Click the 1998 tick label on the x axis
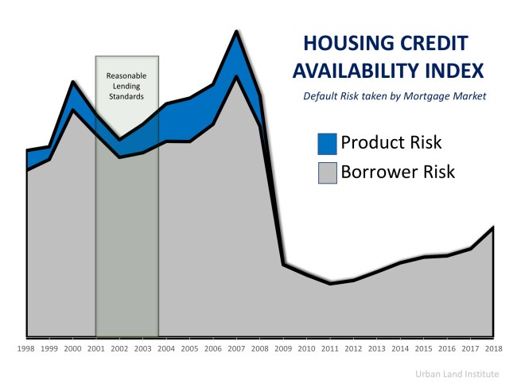(27, 348)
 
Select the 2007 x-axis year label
(236, 348)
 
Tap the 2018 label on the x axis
(493, 348)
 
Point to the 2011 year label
(330, 348)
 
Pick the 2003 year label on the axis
(143, 348)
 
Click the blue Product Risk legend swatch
(327, 144)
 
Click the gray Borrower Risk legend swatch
(327, 172)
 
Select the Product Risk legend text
(391, 143)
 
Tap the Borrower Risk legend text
(398, 171)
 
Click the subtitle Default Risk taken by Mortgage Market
(394, 96)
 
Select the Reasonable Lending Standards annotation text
(126, 86)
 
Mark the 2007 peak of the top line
(236, 32)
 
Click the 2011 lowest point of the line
(330, 283)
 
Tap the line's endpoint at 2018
(493, 228)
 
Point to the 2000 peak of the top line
(73, 82)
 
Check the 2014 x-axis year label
(400, 348)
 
